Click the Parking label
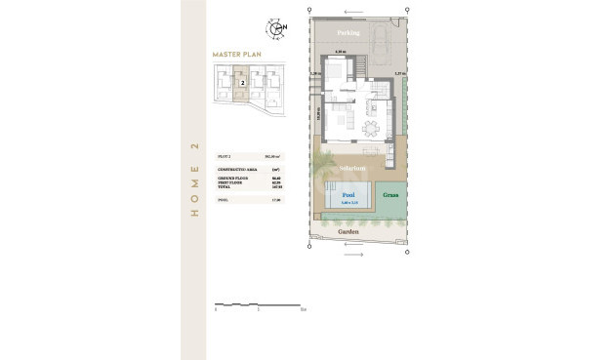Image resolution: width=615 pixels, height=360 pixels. (x=348, y=32)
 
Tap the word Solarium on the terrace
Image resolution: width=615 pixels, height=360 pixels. (x=352, y=168)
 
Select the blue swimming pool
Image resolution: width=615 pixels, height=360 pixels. (x=349, y=199)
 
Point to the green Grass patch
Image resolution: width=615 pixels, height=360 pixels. (x=389, y=194)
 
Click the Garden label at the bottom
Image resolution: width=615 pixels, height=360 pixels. (x=348, y=232)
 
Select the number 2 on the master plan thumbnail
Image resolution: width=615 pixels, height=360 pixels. (x=241, y=84)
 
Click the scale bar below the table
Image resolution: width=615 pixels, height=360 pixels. (x=259, y=305)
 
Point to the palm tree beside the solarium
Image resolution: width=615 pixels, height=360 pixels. (x=323, y=163)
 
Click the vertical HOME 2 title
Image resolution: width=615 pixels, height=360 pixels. (x=194, y=180)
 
